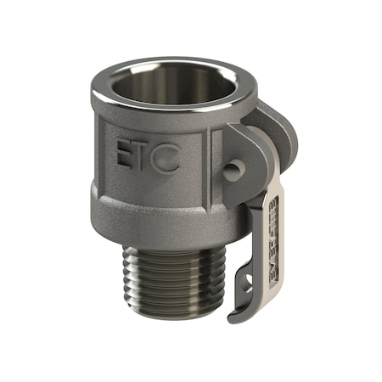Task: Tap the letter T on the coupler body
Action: pos(146,156)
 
